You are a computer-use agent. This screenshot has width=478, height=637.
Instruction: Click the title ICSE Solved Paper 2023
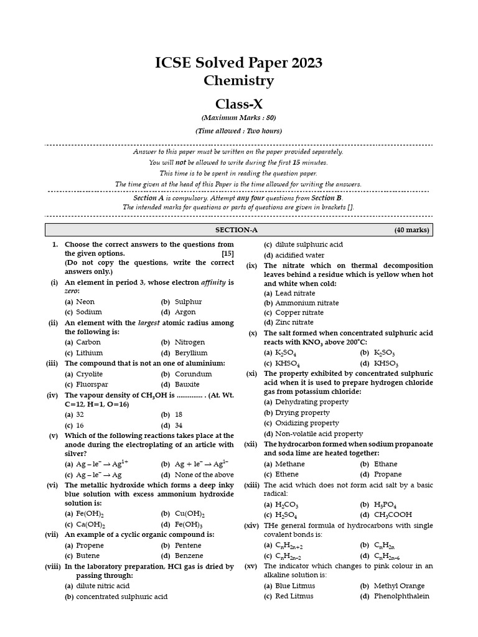pos(238,63)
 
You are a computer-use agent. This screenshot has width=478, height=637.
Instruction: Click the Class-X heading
pos(239,104)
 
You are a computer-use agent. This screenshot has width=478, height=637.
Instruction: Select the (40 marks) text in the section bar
pos(411,230)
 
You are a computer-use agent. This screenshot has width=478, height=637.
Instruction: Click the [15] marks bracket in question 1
pos(228,254)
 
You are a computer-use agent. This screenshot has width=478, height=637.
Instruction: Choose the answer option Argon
pos(185,312)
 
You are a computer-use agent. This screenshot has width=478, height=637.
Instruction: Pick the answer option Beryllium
pos(189,352)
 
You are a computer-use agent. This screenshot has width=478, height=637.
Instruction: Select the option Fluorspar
pos(90,384)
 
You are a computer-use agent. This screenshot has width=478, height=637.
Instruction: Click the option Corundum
pos(193,374)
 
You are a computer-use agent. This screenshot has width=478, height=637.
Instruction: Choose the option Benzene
pos(189,556)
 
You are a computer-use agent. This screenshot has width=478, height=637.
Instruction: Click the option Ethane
pos(385,463)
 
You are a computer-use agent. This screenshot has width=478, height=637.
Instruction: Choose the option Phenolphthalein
pos(401,596)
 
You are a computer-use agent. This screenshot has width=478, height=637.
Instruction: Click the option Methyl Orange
pos(399,586)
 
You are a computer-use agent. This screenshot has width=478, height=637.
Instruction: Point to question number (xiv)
pos(251,526)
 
